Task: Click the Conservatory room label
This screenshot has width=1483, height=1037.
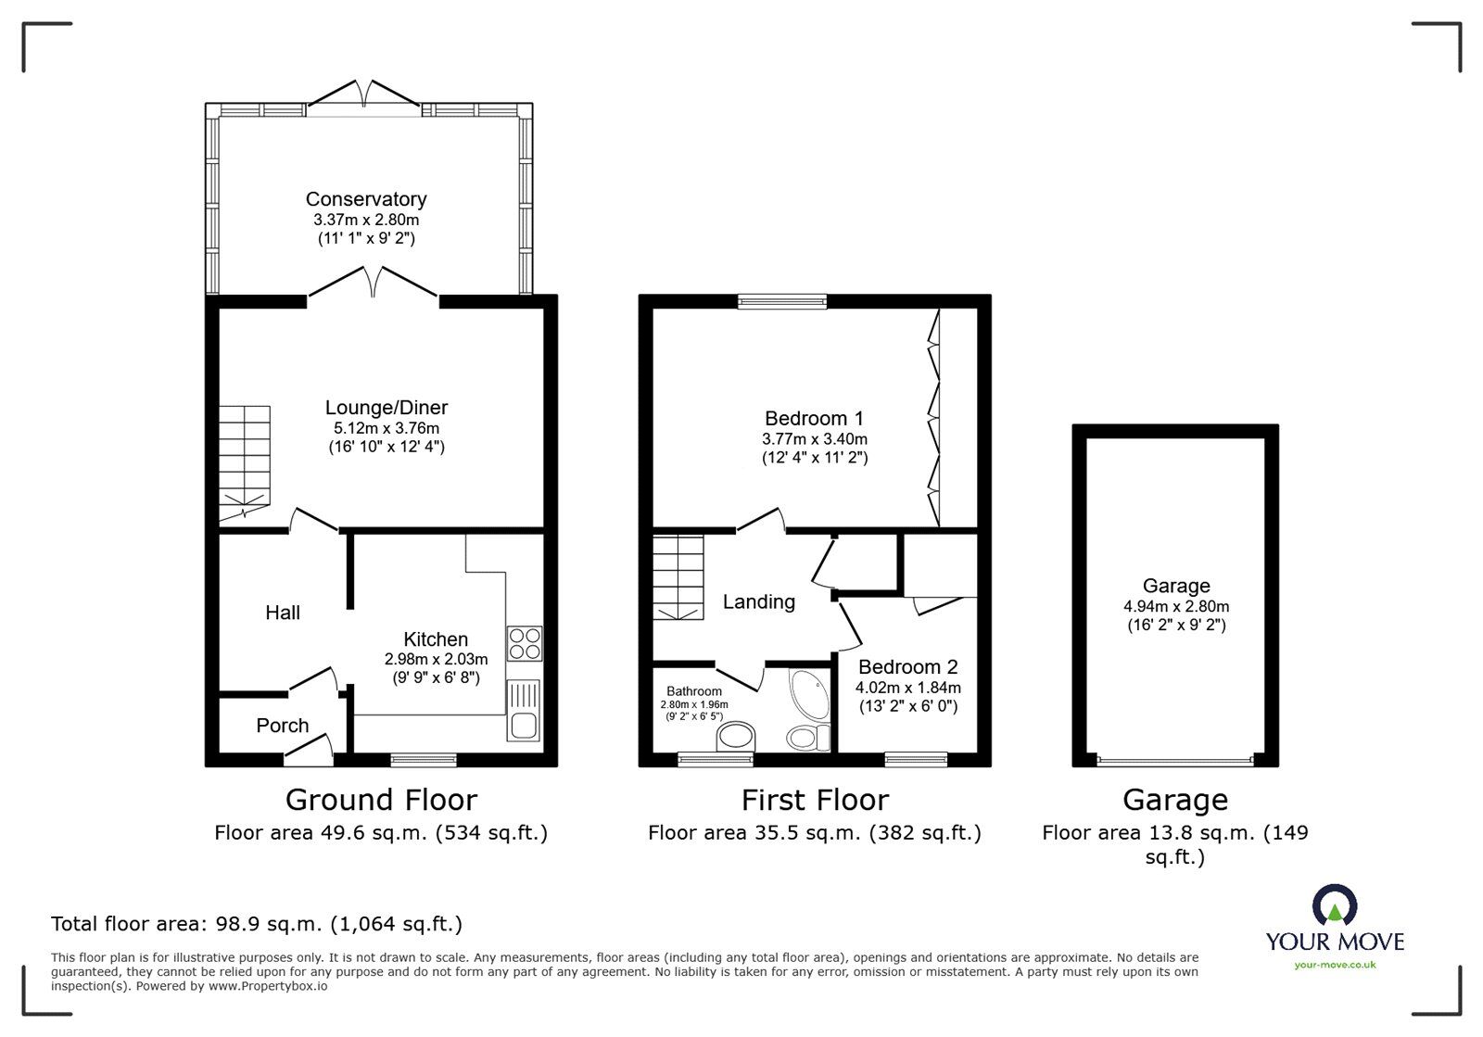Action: pyautogui.click(x=366, y=198)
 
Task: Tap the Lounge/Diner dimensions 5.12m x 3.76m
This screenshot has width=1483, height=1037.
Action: pyautogui.click(x=386, y=428)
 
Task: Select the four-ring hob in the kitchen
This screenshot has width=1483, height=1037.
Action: pyautogui.click(x=525, y=643)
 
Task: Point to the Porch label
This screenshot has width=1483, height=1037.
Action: pyautogui.click(x=282, y=726)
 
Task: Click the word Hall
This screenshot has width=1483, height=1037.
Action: pyautogui.click(x=283, y=613)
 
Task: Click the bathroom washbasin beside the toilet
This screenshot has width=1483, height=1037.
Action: pyautogui.click(x=738, y=739)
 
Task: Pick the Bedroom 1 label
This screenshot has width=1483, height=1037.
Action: pyautogui.click(x=814, y=418)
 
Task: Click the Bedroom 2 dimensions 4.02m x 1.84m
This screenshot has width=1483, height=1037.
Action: pyautogui.click(x=907, y=688)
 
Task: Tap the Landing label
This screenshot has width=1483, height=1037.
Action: pyautogui.click(x=758, y=602)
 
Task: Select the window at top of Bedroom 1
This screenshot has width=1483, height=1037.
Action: pyautogui.click(x=781, y=300)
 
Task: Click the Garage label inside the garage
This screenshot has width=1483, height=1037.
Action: pyautogui.click(x=1175, y=586)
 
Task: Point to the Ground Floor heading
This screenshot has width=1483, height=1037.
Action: pyautogui.click(x=381, y=799)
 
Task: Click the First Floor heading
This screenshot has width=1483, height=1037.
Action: pyautogui.click(x=814, y=799)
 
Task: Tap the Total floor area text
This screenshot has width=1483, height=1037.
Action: pyautogui.click(x=256, y=924)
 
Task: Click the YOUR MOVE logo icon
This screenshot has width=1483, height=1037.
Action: pyautogui.click(x=1335, y=905)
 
